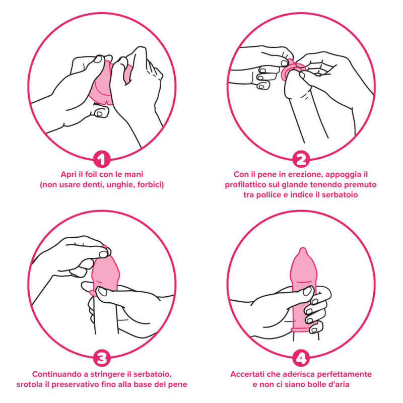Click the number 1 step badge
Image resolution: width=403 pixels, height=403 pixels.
(102, 159)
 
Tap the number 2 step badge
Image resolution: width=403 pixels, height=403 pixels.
(301, 159)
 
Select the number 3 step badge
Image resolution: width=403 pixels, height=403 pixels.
(102, 358)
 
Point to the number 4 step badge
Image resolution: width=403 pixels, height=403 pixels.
(301, 358)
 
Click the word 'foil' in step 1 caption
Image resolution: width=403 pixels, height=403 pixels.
(91, 174)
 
